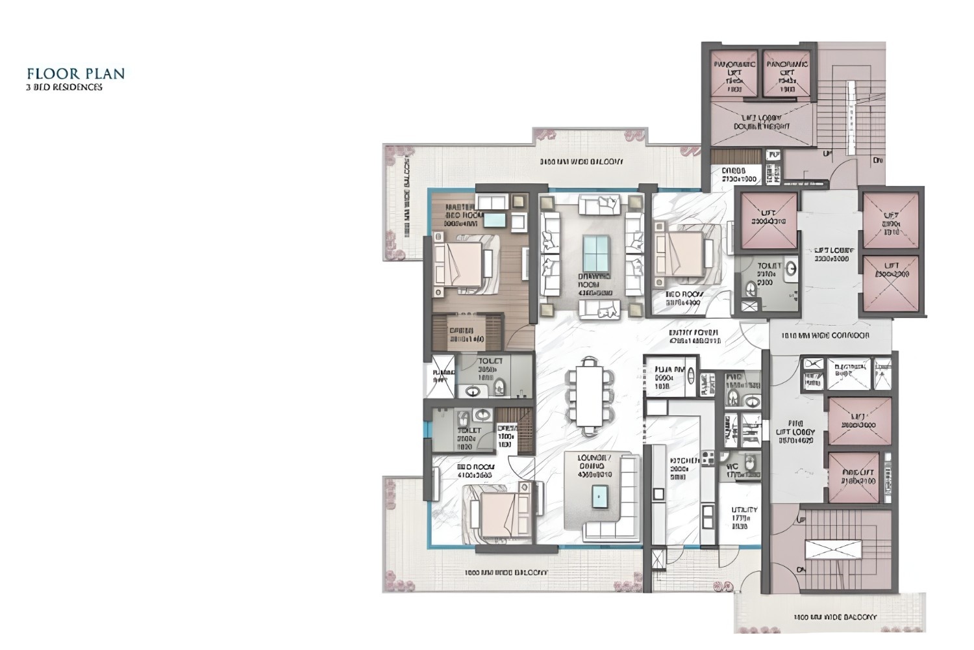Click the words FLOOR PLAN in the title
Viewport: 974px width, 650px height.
[x=75, y=73]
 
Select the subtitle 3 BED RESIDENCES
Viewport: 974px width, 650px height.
[x=64, y=87]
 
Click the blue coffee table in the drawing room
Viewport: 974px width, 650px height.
[x=596, y=253]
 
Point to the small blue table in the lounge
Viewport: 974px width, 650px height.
[x=601, y=497]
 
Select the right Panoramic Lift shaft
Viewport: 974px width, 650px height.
[x=787, y=74]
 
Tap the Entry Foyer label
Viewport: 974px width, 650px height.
[x=694, y=336]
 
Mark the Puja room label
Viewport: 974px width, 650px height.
[x=669, y=377]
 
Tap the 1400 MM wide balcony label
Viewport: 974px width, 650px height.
[x=834, y=617]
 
